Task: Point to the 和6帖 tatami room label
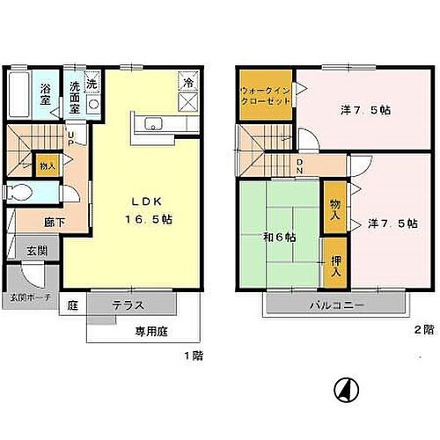tap(278, 238)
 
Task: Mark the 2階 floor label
tap(423, 330)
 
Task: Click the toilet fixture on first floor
tap(19, 193)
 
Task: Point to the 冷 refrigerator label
tap(187, 81)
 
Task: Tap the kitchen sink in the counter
tap(150, 122)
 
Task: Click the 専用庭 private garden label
tap(150, 333)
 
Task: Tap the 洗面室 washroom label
tap(76, 91)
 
